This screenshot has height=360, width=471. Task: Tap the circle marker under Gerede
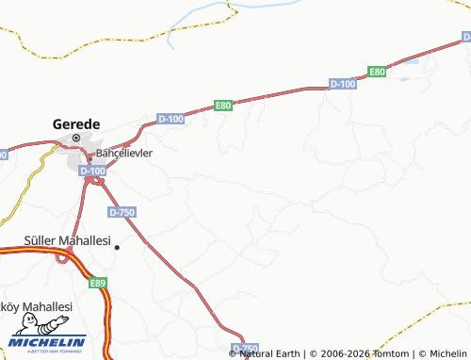click(76, 139)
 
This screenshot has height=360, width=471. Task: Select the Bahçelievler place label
click(123, 152)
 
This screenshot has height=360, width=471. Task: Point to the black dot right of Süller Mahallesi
click(118, 247)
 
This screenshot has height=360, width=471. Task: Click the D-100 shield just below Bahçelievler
click(94, 171)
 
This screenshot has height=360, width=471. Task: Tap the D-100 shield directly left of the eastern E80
click(343, 85)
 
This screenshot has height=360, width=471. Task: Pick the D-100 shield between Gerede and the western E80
click(171, 119)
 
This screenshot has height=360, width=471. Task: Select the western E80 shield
click(223, 106)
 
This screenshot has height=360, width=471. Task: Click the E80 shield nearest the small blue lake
click(377, 72)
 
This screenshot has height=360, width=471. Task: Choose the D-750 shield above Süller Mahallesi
click(122, 213)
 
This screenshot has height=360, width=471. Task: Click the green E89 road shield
click(98, 282)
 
